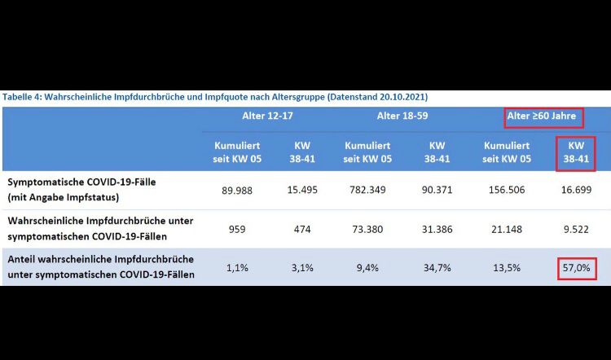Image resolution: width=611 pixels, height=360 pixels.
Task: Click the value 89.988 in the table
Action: [x=236, y=190]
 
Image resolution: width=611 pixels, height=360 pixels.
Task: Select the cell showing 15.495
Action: [x=302, y=190]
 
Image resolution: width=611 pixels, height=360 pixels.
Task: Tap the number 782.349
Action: [x=367, y=190]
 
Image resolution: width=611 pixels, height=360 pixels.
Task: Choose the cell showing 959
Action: [x=236, y=229]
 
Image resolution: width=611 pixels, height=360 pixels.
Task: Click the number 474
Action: [x=302, y=229]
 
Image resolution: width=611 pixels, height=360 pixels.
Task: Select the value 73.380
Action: [x=367, y=229]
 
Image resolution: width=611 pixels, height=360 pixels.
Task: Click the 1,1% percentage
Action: [x=236, y=267]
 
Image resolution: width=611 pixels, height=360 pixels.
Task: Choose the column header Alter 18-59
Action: [x=401, y=116]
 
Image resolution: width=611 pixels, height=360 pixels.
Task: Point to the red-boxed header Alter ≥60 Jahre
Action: [x=543, y=116]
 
